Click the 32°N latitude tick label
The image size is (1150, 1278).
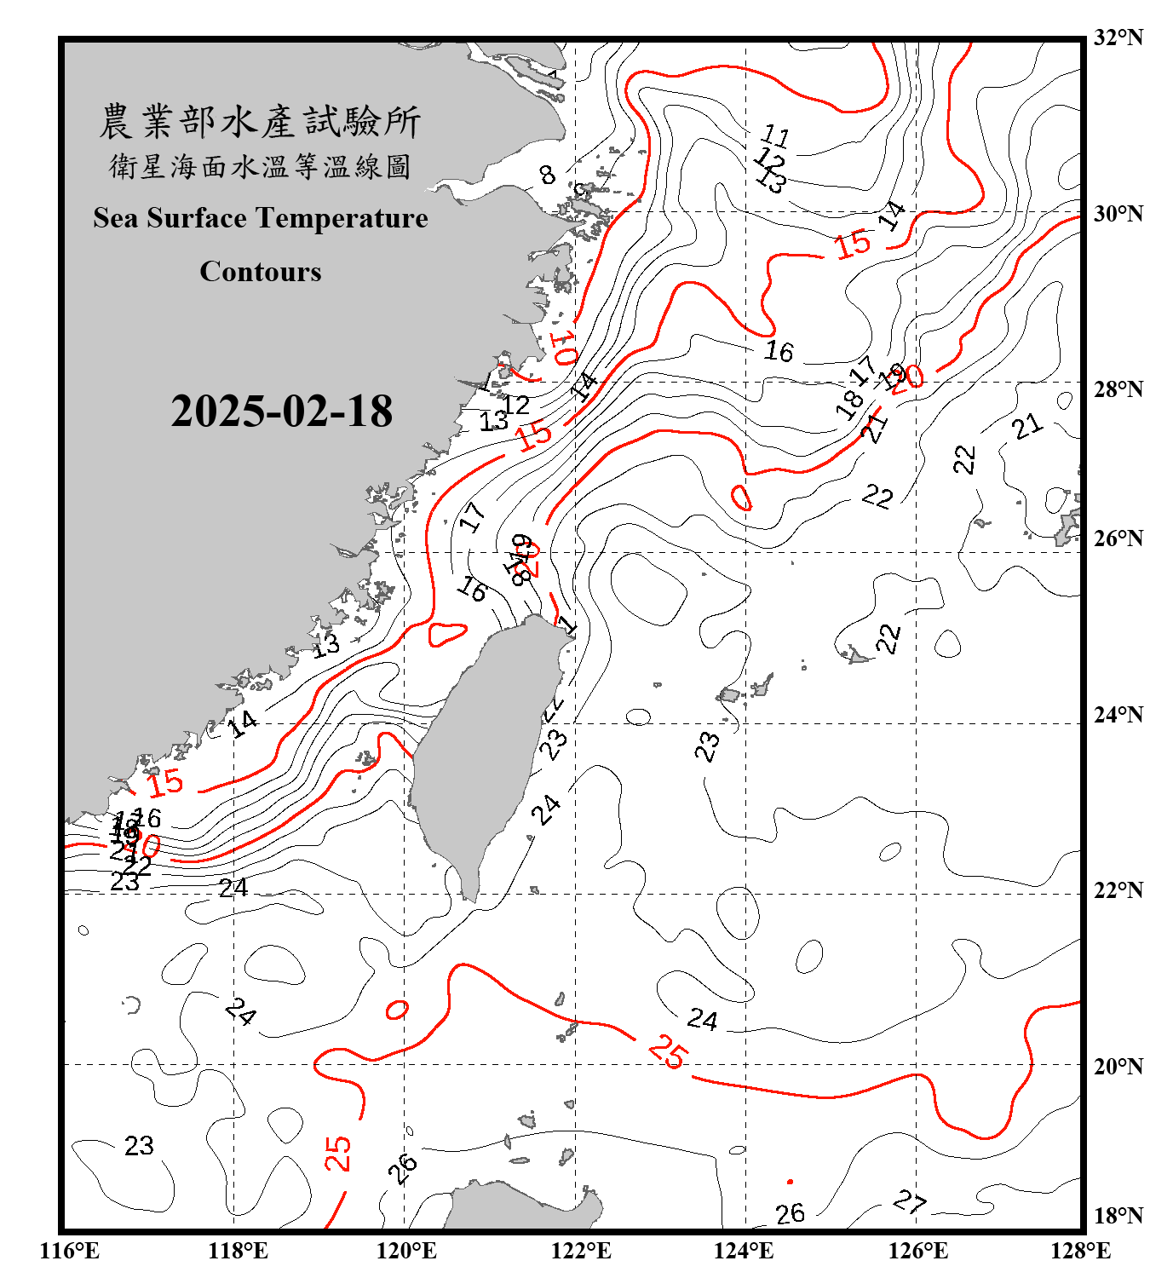coord(1118,37)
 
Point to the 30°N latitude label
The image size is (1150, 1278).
coord(1118,214)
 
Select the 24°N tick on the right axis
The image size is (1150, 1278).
coord(1118,715)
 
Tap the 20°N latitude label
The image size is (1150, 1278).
coord(1118,1066)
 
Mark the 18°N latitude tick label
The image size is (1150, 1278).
coord(1118,1216)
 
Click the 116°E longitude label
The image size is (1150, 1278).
coord(70,1251)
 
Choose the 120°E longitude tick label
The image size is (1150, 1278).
coord(406,1251)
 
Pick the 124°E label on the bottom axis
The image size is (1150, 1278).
coord(744,1251)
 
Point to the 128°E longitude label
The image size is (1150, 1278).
coord(1080,1251)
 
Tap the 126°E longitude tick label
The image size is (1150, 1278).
coord(917,1251)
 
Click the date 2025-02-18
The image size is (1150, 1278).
coord(281,412)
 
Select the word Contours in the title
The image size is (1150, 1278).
coord(261,272)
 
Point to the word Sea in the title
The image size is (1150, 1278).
coord(116,218)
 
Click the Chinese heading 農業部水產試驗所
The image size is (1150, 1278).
coord(260,122)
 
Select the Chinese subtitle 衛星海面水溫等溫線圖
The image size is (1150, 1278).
coord(260,166)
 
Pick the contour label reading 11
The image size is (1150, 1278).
coord(775,135)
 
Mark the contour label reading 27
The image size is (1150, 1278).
coord(910,1201)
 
